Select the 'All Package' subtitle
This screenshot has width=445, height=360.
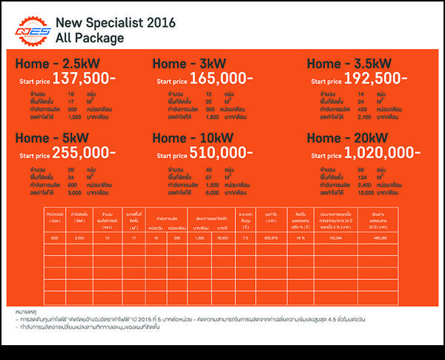93,37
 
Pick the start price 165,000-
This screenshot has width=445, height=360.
221,78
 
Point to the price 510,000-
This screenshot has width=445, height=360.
221,152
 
